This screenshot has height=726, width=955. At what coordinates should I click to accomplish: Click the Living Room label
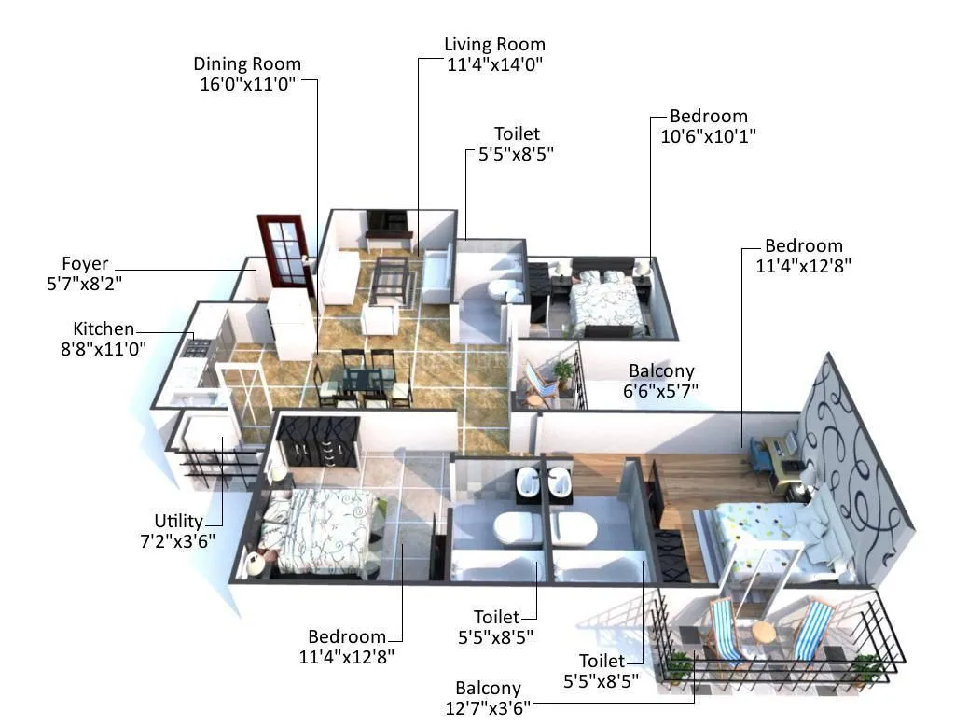tap(494, 45)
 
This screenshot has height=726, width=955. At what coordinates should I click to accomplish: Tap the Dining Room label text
tap(247, 64)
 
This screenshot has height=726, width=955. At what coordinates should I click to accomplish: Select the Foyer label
tap(85, 264)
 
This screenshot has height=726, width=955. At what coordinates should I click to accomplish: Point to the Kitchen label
tap(104, 329)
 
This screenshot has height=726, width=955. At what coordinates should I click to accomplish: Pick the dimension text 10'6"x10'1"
tap(702, 135)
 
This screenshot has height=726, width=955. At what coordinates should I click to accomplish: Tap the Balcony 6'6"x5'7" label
tap(661, 371)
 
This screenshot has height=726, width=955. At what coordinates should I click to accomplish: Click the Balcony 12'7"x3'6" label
tap(489, 689)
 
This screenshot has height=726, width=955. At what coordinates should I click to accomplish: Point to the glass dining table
tap(365, 380)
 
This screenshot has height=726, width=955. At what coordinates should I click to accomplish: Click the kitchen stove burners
tap(198, 347)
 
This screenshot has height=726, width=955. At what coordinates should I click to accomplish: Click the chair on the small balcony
tap(540, 383)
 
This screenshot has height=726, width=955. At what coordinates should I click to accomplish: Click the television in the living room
tap(387, 222)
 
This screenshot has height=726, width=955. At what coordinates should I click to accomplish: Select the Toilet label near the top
tap(517, 134)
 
